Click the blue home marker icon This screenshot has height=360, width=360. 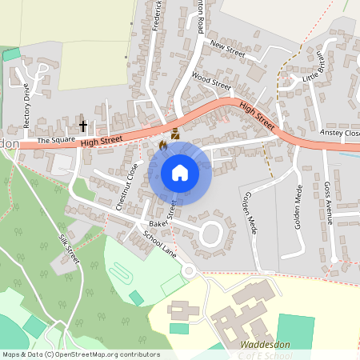coord(180,172)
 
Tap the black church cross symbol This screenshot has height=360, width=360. coord(83,126)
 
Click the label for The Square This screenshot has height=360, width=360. coord(55,140)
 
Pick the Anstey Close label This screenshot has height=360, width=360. coord(340,133)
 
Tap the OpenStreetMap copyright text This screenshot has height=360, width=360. coord(80,354)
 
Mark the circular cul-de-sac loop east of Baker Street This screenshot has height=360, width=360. coord(211,234)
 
